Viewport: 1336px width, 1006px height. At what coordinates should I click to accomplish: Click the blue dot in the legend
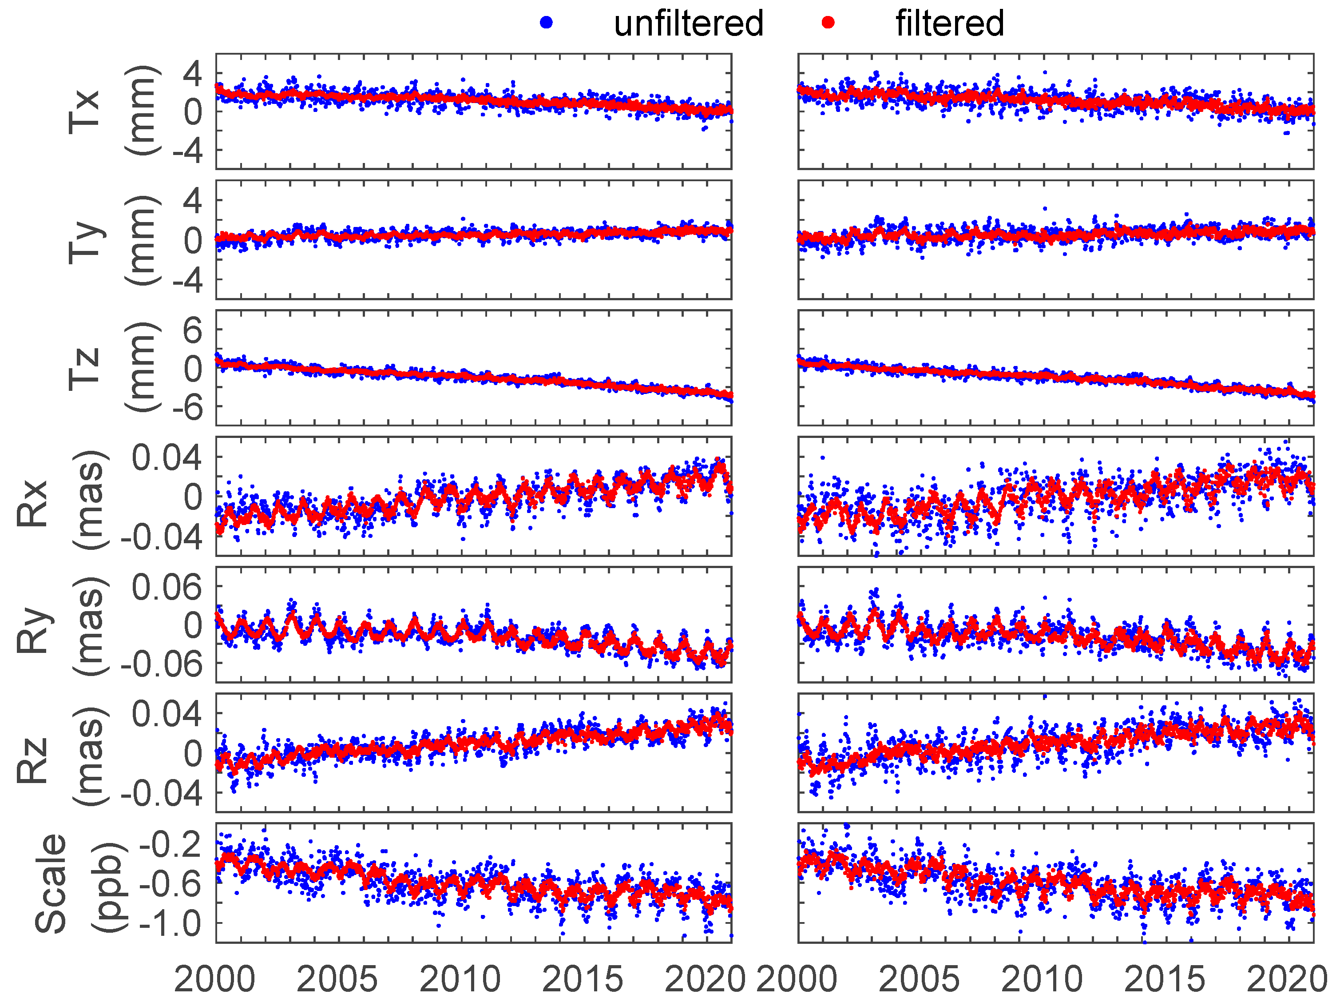pyautogui.click(x=546, y=23)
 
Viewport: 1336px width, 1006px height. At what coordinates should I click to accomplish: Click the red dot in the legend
pyautogui.click(x=828, y=23)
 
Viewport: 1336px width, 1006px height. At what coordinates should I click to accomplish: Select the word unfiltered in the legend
pyautogui.click(x=689, y=24)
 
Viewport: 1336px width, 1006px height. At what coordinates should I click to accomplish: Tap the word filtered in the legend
pyautogui.click(x=949, y=24)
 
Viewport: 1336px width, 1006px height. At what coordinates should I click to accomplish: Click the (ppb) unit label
pyautogui.click(x=109, y=887)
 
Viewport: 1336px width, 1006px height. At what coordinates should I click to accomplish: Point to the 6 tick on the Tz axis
pyautogui.click(x=193, y=330)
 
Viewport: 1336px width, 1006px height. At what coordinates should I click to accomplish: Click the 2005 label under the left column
pyautogui.click(x=337, y=979)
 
